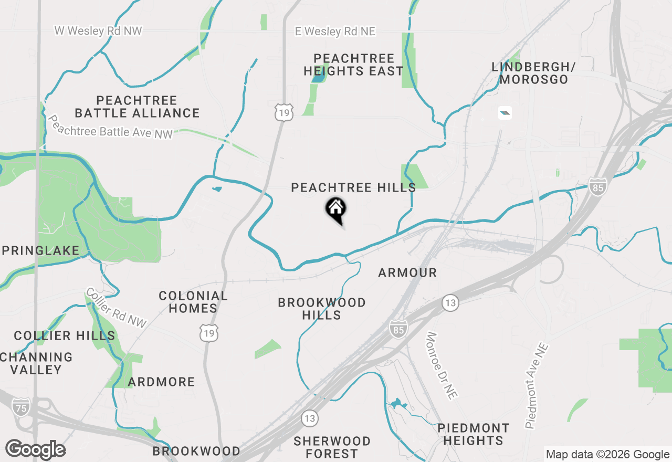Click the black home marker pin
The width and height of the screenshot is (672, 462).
[336, 209]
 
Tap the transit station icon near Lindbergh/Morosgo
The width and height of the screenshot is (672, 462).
[505, 112]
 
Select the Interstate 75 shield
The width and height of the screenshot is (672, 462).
[20, 408]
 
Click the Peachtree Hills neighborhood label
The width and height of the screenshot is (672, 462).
[353, 187]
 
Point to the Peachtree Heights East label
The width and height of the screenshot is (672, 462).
[354, 65]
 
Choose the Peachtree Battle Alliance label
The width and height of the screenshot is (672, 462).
[137, 107]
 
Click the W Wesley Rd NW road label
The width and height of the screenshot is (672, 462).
[98, 31]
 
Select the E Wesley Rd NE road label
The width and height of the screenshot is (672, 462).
[335, 31]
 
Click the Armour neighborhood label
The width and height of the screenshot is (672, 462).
[407, 272]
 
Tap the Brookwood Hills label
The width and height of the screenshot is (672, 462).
[322, 309]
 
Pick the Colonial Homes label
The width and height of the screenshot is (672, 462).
[193, 302]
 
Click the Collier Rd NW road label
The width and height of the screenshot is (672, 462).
[117, 308]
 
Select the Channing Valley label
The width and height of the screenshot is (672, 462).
[36, 363]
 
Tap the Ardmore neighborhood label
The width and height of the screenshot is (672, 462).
[161, 382]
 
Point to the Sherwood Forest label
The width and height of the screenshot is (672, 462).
[332, 447]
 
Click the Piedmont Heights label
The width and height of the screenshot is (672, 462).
[473, 434]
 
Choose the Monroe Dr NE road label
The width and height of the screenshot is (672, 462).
[440, 366]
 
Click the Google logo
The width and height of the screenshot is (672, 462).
[35, 450]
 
